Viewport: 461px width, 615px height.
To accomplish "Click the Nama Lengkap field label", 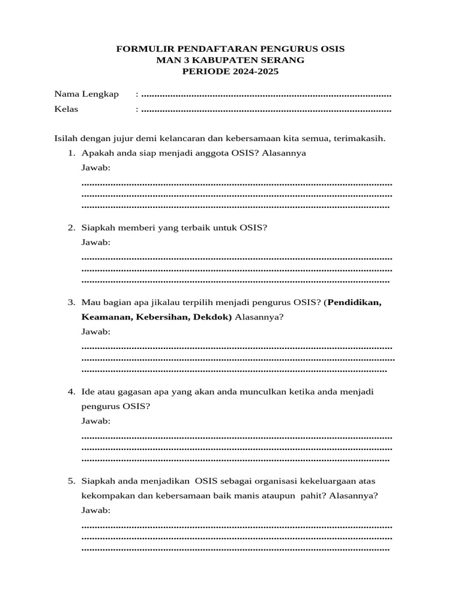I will pyautogui.click(x=86, y=94).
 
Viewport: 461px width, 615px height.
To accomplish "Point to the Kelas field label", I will pyautogui.click(x=66, y=109).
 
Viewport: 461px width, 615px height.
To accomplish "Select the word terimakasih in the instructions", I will pyautogui.click(x=361, y=138).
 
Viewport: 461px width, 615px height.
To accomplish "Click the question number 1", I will pyautogui.click(x=71, y=153).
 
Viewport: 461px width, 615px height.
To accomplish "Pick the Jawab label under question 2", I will pyautogui.click(x=96, y=242).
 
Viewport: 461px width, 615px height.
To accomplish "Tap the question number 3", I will pyautogui.click(x=71, y=302).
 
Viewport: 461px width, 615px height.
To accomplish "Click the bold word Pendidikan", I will pyautogui.click(x=354, y=302).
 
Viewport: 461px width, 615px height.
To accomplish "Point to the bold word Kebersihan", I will pyautogui.click(x=163, y=317).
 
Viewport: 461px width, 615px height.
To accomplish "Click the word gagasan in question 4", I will pyautogui.click(x=136, y=392).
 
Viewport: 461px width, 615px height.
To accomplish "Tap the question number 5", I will pyautogui.click(x=71, y=481).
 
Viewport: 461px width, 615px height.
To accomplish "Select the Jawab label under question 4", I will pyautogui.click(x=96, y=421).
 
